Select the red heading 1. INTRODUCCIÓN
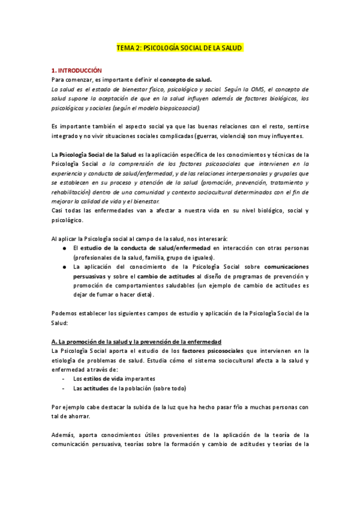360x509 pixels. point(76,70)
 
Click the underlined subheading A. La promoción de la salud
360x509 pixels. point(137,342)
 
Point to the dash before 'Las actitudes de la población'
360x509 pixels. point(64,388)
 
